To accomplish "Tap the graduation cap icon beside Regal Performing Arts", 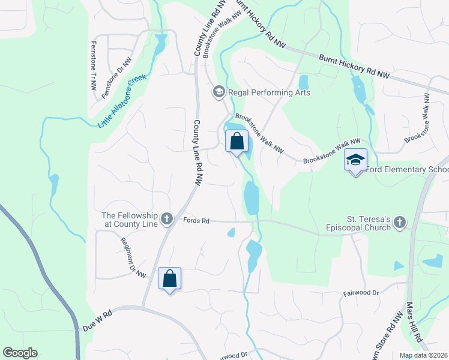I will coord(218,92).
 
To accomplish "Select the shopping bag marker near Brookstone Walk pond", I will coord(237,142).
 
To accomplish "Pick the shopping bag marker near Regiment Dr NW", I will coord(170,279).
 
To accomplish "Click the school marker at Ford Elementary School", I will coord(355,160).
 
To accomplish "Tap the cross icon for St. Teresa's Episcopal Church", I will coord(399,223).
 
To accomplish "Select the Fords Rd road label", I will coord(196,221).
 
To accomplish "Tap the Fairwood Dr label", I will coord(361,293).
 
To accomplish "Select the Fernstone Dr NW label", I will coord(116,78).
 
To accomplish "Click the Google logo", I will coord(20,353).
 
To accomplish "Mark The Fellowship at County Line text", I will coord(130,220).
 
